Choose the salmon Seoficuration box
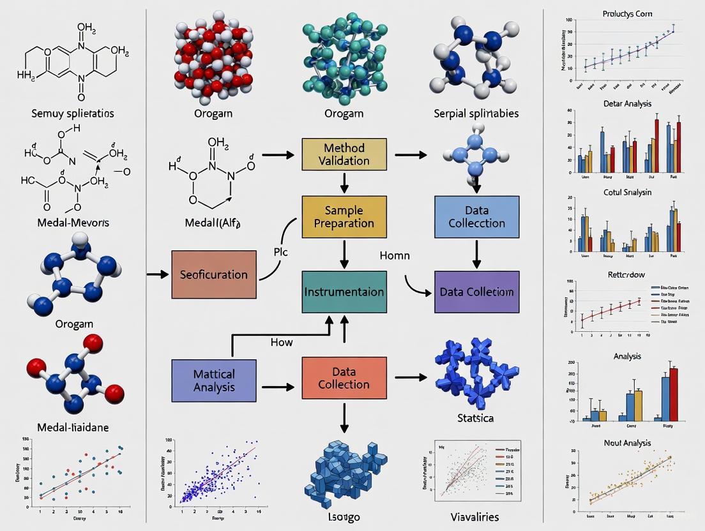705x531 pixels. pyautogui.click(x=213, y=274)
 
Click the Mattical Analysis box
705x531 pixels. pyautogui.click(x=213, y=380)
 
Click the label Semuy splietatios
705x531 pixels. pyautogui.click(x=72, y=114)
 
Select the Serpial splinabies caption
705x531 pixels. pyautogui.click(x=476, y=114)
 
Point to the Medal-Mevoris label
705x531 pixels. pyautogui.click(x=72, y=222)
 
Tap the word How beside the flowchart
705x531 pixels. pyautogui.click(x=281, y=342)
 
